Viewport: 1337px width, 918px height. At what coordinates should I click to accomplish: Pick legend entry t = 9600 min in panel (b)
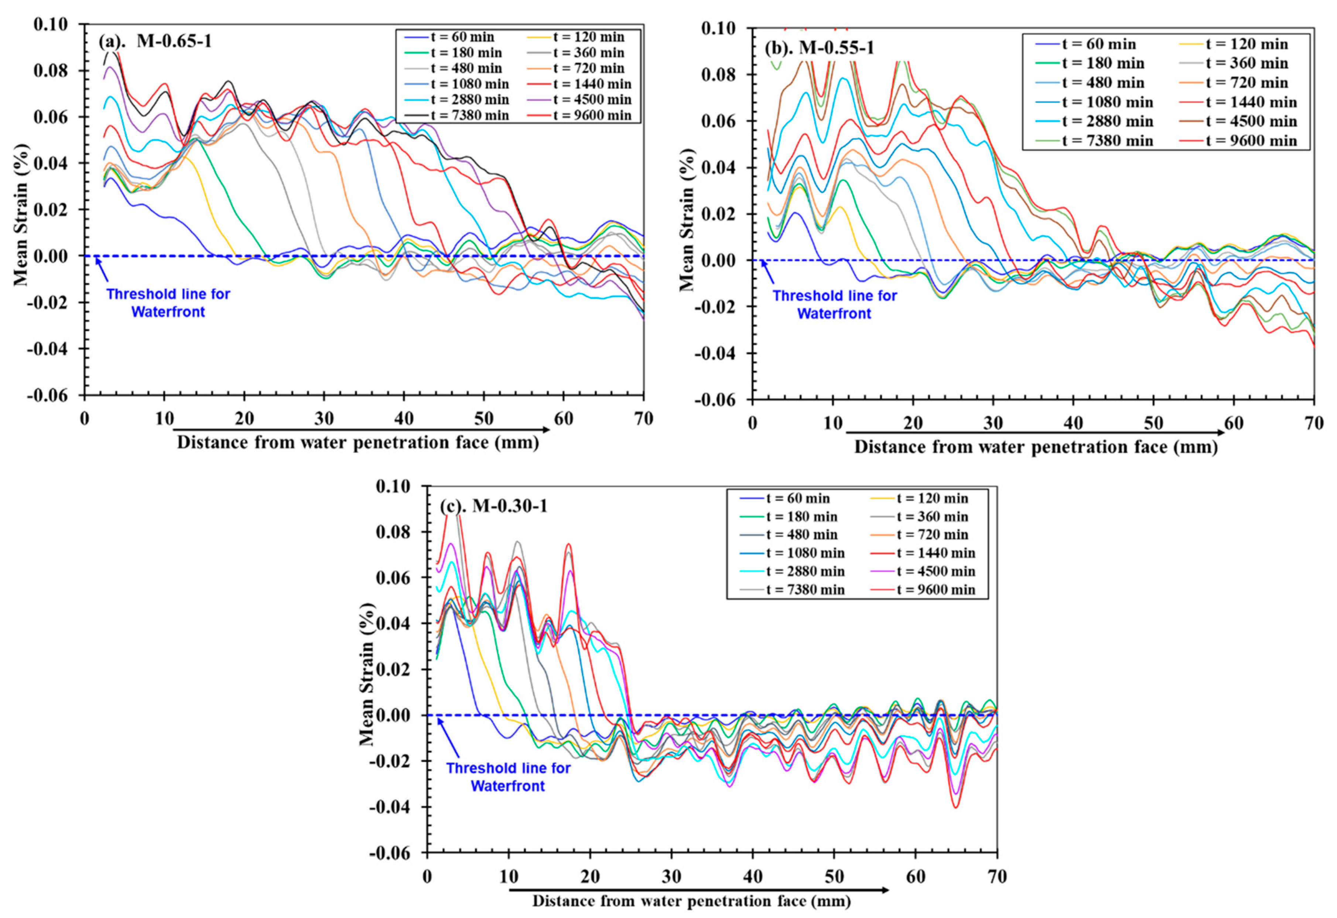[x=1251, y=141]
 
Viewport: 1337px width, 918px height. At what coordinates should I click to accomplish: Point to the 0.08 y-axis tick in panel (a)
[x=51, y=71]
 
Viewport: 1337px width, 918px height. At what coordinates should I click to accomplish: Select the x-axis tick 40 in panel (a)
[x=404, y=419]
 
